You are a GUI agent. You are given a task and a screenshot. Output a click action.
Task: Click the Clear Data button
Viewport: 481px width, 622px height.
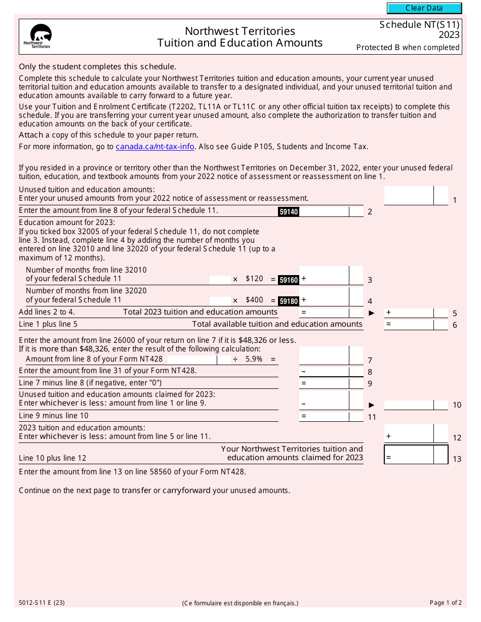click(424, 8)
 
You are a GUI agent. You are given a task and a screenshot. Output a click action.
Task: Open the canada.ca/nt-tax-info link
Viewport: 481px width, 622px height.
click(155, 147)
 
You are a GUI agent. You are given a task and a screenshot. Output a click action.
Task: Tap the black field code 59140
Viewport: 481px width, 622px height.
click(289, 212)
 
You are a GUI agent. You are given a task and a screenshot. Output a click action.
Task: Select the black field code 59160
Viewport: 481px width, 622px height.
click(289, 280)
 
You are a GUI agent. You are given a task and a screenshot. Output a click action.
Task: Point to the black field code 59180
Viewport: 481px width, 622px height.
click(289, 301)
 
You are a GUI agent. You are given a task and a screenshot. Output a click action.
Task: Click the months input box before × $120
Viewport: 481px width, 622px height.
click(220, 279)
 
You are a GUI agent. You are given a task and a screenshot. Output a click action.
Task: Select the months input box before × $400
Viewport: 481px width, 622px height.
click(220, 300)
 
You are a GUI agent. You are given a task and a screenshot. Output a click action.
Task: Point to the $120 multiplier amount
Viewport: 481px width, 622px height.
click(254, 279)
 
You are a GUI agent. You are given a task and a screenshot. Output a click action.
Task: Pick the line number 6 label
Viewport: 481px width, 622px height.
click(455, 325)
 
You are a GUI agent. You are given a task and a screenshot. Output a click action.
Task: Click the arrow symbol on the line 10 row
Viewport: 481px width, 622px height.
click(372, 405)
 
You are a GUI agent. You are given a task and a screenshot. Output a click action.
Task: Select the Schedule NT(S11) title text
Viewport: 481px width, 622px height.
click(419, 25)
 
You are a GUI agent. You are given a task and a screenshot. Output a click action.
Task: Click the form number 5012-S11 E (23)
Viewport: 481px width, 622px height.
click(42, 603)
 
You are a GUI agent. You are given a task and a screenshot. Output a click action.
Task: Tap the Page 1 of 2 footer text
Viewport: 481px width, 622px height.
click(446, 603)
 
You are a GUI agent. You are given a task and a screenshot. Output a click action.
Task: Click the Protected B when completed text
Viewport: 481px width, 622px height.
click(408, 48)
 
